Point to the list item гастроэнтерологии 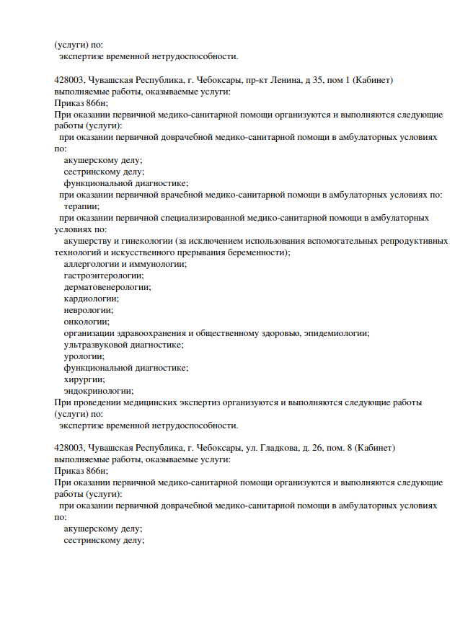coord(103,275)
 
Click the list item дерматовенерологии coord(107,287)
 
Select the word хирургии coord(84,379)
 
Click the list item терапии coord(81,206)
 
